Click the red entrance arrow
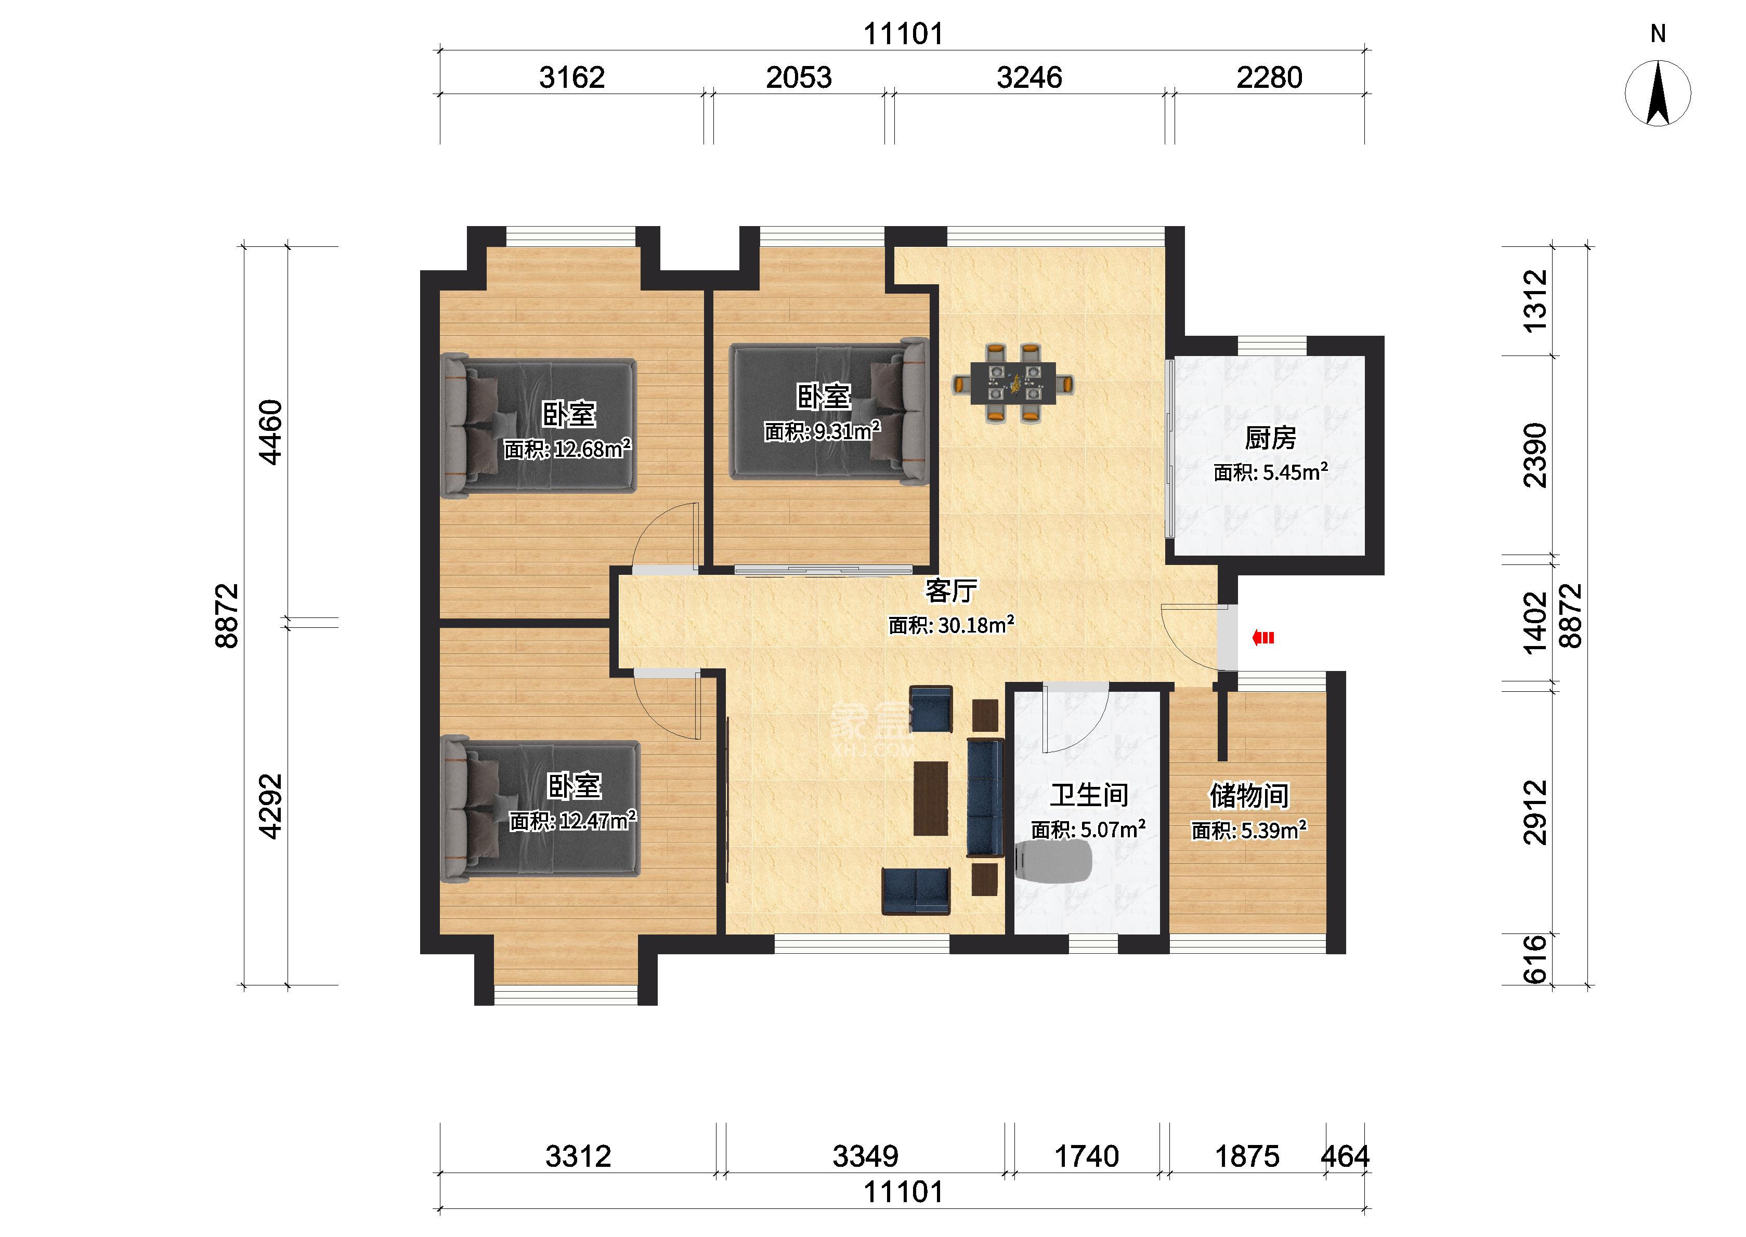tap(1263, 638)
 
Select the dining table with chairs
tap(1012, 383)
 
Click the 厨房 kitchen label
tap(1270, 438)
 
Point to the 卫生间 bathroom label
tap(1089, 795)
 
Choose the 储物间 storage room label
tap(1249, 796)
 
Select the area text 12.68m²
tap(592, 448)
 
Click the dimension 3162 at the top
tap(571, 77)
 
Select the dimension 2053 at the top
tap(798, 77)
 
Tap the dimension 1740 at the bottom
tap(1086, 1156)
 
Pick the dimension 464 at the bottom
tap(1345, 1156)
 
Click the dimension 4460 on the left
tap(271, 432)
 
